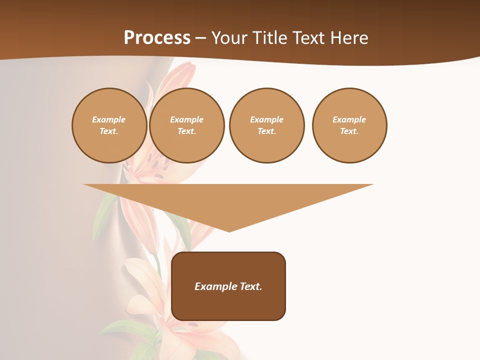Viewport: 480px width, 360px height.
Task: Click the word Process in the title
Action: pos(157,38)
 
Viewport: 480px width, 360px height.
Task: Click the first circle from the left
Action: pos(109,125)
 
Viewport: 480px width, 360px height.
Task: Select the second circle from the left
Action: pos(186,125)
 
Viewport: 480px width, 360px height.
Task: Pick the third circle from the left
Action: pos(266,125)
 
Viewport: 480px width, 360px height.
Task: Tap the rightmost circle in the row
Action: pos(349,125)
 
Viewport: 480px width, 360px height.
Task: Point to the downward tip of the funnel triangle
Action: pos(229,231)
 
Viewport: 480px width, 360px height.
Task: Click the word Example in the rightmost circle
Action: pos(349,119)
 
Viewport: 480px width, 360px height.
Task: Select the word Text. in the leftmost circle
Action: pos(109,131)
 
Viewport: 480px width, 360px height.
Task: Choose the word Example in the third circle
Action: pos(266,119)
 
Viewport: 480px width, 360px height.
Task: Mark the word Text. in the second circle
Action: pos(186,131)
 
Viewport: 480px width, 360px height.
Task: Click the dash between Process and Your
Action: pos(201,38)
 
